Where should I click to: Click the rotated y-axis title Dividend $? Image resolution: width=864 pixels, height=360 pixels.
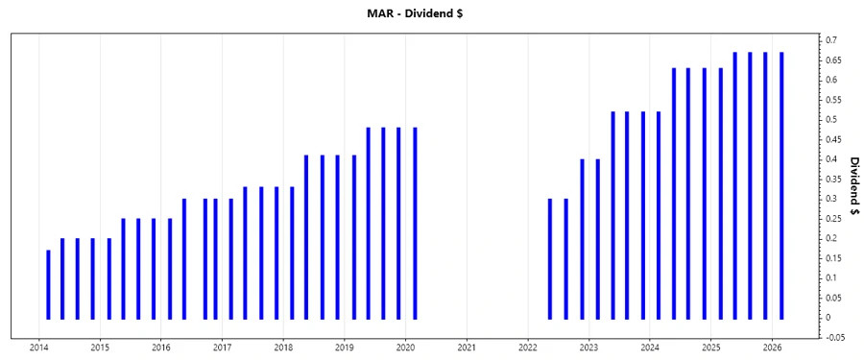853,184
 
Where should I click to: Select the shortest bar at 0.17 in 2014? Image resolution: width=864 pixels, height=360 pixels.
48,284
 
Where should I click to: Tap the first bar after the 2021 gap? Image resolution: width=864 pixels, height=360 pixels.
550,258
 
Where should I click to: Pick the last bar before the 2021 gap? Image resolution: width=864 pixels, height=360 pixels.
415,223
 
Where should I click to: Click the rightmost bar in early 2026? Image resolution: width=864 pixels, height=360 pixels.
781,185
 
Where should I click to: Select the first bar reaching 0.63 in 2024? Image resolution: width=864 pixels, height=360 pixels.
674,193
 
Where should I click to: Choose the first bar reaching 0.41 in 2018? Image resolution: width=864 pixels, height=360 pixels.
306,236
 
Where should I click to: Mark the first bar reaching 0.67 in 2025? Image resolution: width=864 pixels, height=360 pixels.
735,185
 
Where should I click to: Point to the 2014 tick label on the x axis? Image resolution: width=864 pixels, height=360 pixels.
39,348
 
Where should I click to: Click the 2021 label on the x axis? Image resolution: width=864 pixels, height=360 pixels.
467,348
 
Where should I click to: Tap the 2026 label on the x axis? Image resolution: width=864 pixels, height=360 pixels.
772,348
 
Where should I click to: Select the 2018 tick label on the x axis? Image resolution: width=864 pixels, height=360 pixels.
283,348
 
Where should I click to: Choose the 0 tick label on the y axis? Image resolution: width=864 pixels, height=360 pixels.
829,317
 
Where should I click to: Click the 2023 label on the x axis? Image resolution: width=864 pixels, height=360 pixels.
588,348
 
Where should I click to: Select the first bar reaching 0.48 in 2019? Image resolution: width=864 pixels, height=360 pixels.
368,223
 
